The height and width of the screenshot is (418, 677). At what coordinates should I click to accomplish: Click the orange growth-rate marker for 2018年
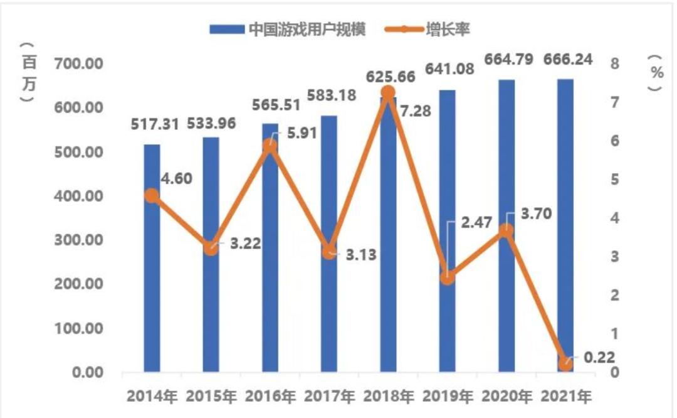click(x=388, y=93)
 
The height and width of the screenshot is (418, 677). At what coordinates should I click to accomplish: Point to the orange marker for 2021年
click(x=565, y=363)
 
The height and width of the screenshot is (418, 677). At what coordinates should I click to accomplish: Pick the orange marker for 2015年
click(x=211, y=248)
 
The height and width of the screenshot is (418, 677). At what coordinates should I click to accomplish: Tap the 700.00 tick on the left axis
click(x=78, y=64)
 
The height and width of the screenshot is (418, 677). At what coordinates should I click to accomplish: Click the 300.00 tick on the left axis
click(x=78, y=240)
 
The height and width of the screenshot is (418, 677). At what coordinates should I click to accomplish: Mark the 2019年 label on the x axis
click(x=448, y=397)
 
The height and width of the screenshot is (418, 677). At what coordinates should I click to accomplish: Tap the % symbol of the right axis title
click(x=656, y=72)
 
